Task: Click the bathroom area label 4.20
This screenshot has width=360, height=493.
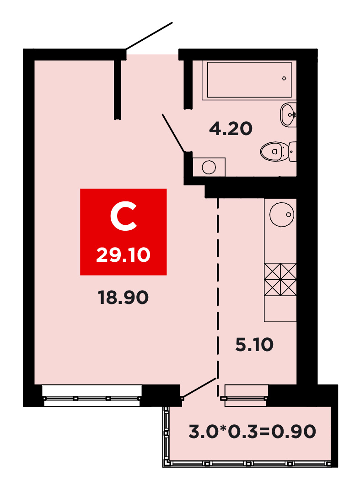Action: (x=231, y=129)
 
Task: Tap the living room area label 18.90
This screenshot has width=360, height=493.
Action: (x=123, y=298)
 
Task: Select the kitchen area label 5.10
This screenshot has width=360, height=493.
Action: (x=254, y=344)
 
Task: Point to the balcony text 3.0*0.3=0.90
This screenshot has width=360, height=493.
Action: (x=252, y=431)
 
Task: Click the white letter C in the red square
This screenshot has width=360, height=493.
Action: (x=123, y=217)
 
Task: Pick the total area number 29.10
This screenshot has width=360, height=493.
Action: (x=123, y=255)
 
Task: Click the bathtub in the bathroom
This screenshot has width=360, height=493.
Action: (x=249, y=80)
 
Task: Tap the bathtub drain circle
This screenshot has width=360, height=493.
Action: (x=284, y=78)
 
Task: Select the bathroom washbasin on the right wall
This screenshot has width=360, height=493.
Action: (x=288, y=115)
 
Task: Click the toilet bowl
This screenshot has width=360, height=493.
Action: (x=274, y=151)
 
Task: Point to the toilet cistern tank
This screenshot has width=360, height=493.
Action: (x=292, y=152)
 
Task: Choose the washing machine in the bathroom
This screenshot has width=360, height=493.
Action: (x=209, y=167)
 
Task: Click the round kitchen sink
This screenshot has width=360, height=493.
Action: (x=282, y=214)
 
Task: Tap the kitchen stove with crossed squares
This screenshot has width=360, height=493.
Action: (x=280, y=280)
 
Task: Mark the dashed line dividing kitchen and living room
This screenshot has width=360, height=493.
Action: (x=218, y=297)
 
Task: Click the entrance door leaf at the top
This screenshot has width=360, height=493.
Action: (x=149, y=36)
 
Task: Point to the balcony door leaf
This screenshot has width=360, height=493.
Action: (x=199, y=388)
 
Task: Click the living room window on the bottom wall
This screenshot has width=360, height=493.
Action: (x=92, y=395)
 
